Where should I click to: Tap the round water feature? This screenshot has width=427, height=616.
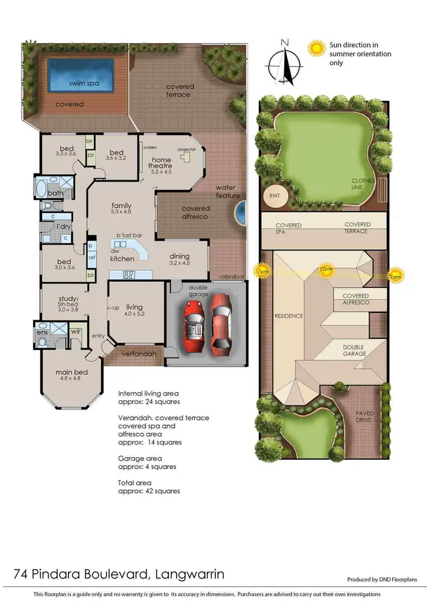point(240,213)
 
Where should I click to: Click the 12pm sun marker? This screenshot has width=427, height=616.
point(326,270)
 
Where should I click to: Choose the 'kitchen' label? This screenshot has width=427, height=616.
point(122,259)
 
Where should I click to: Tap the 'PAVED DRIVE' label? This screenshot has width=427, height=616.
point(364,417)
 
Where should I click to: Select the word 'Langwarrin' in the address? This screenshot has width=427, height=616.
point(189,574)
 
